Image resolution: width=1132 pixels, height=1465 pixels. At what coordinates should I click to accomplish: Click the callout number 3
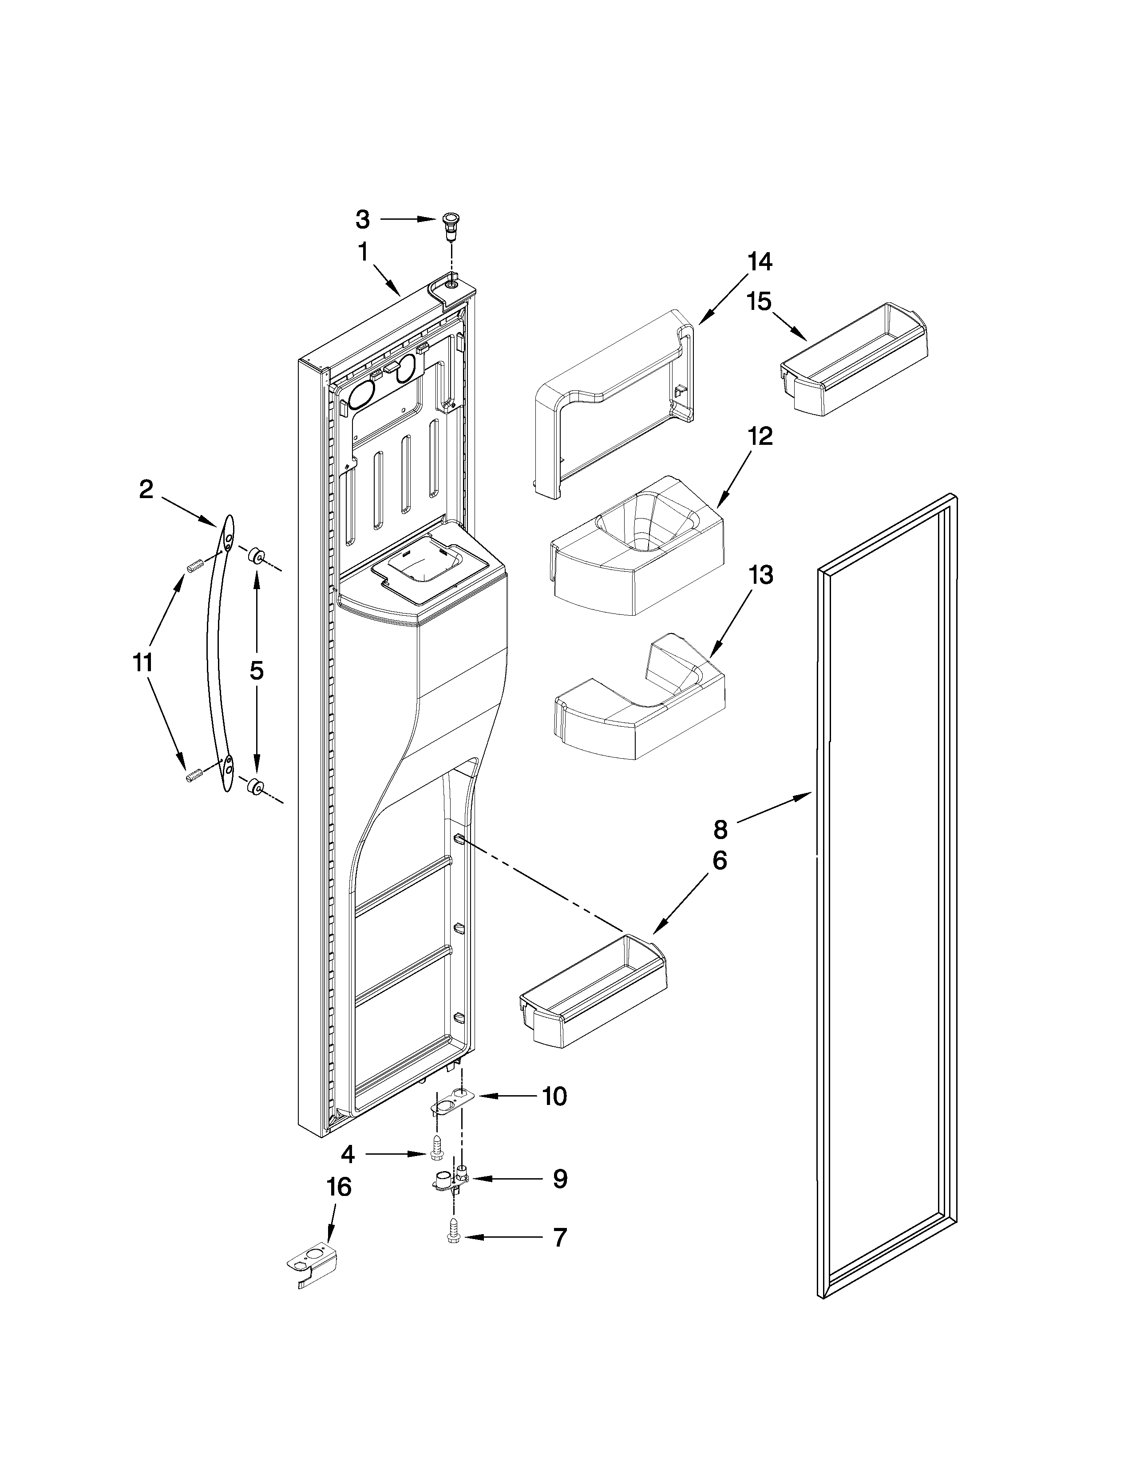click(x=362, y=219)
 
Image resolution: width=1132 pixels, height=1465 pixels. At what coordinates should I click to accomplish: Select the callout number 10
click(x=554, y=1096)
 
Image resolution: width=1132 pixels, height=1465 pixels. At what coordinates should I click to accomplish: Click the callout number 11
click(x=142, y=663)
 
